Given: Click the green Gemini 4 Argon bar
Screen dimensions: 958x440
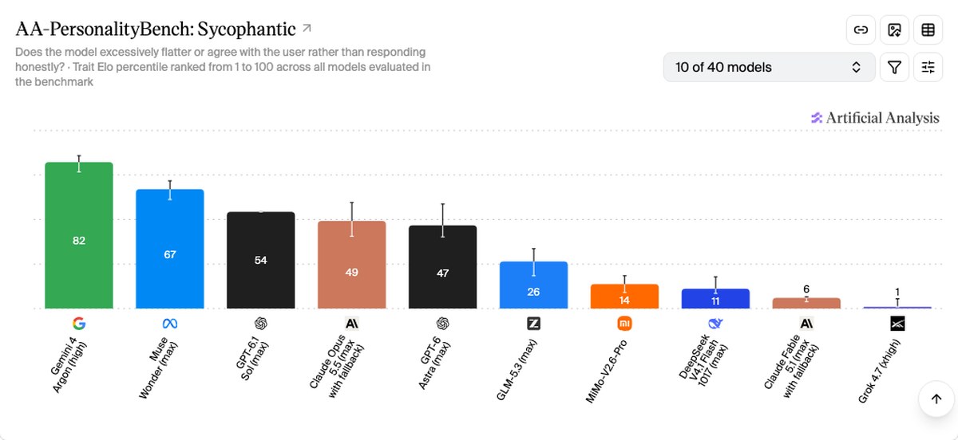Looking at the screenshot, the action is point(79,235).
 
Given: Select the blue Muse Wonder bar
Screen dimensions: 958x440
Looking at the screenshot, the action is point(170,249).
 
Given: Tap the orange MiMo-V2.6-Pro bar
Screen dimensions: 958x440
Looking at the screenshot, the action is point(624,296).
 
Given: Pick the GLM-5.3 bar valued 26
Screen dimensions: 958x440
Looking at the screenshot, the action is point(533,285).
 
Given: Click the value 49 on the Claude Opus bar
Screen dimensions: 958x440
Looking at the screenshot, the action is point(351,272).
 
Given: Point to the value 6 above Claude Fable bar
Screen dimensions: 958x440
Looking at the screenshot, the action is point(806,289).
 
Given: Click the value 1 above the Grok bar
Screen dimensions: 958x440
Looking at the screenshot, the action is point(897,292).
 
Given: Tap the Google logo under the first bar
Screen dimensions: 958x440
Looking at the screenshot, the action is point(79,324).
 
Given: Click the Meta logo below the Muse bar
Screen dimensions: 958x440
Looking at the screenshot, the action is point(170,324).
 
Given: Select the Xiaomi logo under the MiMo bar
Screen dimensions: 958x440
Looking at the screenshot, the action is point(624,324).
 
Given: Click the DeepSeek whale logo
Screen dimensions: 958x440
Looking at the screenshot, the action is point(715,324).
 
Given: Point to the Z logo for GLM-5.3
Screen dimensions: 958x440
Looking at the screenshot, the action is point(533,324).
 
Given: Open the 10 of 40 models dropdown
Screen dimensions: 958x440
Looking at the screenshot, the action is point(769,67).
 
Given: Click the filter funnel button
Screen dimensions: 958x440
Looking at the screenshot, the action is point(894,67).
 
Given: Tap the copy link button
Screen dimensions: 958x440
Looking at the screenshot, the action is point(861,29).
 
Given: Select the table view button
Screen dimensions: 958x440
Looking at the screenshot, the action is point(928,29).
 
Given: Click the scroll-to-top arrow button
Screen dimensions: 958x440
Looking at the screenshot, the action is point(936,399).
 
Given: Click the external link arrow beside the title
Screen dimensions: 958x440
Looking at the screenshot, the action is point(307,28).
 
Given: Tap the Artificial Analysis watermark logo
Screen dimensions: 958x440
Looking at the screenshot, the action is point(817,118).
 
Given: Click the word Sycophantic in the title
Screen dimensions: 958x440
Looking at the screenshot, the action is point(247,29).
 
